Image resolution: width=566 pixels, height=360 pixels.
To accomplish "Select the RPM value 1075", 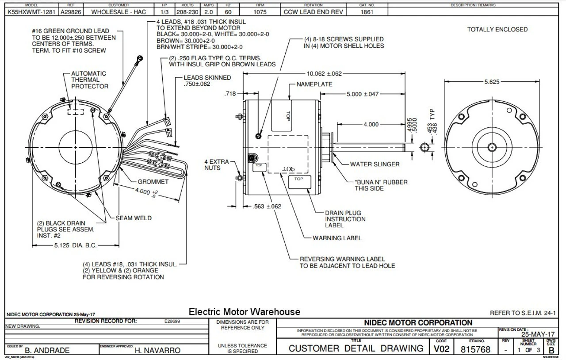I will pyautogui.click(x=260, y=12).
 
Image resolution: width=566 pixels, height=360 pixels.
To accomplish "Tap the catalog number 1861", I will pyautogui.click(x=367, y=12).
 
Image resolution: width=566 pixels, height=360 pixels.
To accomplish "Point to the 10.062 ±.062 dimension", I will pyautogui.click(x=324, y=73).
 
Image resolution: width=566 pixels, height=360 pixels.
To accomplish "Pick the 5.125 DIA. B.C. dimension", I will pyautogui.click(x=73, y=245).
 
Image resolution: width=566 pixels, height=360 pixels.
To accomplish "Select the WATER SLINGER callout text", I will pyautogui.click(x=375, y=164).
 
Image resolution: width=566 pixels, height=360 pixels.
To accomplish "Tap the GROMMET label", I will pyautogui.click(x=153, y=182).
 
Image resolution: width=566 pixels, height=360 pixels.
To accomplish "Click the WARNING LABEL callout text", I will pyautogui.click(x=337, y=238).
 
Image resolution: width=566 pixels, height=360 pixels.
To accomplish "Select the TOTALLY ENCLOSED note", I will pyautogui.click(x=497, y=30).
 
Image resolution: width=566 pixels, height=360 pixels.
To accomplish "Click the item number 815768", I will pyautogui.click(x=476, y=350).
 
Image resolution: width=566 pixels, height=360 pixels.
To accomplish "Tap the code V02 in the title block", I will pyautogui.click(x=441, y=349).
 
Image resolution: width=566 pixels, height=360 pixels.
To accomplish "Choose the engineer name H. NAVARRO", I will pyautogui.click(x=157, y=350).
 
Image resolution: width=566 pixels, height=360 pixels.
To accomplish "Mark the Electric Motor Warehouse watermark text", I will pyautogui.click(x=244, y=312).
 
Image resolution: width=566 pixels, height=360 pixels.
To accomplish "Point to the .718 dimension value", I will pyautogui.click(x=231, y=93).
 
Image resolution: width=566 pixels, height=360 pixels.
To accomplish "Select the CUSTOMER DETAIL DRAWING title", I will pyautogui.click(x=356, y=349).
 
